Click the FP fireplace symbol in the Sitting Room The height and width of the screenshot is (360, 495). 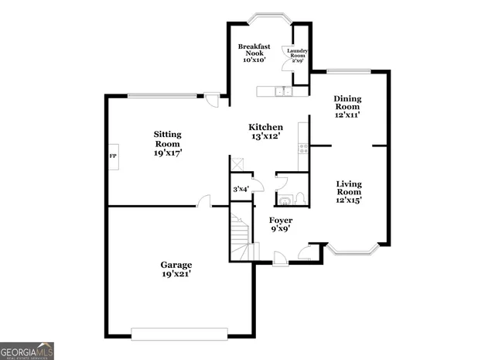click(x=112, y=156)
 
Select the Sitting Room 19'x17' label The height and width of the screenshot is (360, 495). click(x=167, y=143)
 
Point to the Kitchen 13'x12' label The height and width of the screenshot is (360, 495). click(x=265, y=132)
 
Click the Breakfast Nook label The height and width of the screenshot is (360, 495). click(x=253, y=53)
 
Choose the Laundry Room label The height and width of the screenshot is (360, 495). click(x=298, y=54)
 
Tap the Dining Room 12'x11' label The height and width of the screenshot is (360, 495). click(x=348, y=106)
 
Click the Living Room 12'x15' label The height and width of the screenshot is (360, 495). click(x=349, y=191)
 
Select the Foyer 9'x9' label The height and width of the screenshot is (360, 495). click(x=280, y=225)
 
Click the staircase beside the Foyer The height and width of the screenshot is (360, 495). click(x=241, y=236)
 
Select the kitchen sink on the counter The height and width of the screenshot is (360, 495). click(x=283, y=92)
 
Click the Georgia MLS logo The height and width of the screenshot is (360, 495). click(x=27, y=351)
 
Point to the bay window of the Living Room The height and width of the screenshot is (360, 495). click(x=353, y=249)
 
